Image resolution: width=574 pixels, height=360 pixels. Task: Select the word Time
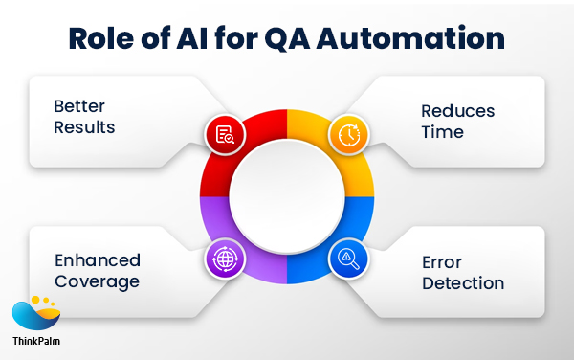[x=441, y=132]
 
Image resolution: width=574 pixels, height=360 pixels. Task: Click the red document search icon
[x=226, y=135]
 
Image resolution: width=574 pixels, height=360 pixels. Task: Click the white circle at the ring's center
[x=286, y=196]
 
